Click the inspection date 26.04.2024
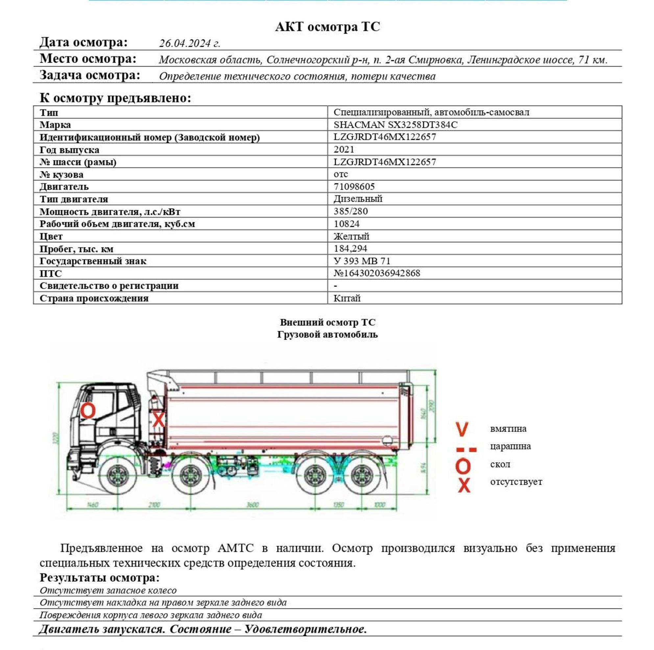click(x=190, y=43)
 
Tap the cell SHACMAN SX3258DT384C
click(x=395, y=125)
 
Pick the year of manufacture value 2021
click(x=344, y=149)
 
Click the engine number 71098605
click(x=354, y=186)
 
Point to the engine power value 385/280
click(x=351, y=211)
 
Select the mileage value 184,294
click(x=351, y=249)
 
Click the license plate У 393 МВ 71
click(x=362, y=261)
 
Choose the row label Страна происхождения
click(x=94, y=298)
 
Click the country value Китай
click(x=347, y=298)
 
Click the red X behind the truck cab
click(x=158, y=420)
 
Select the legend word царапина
click(x=510, y=446)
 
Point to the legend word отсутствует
click(x=516, y=482)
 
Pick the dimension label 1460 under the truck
click(x=92, y=505)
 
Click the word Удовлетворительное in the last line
click(x=306, y=629)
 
